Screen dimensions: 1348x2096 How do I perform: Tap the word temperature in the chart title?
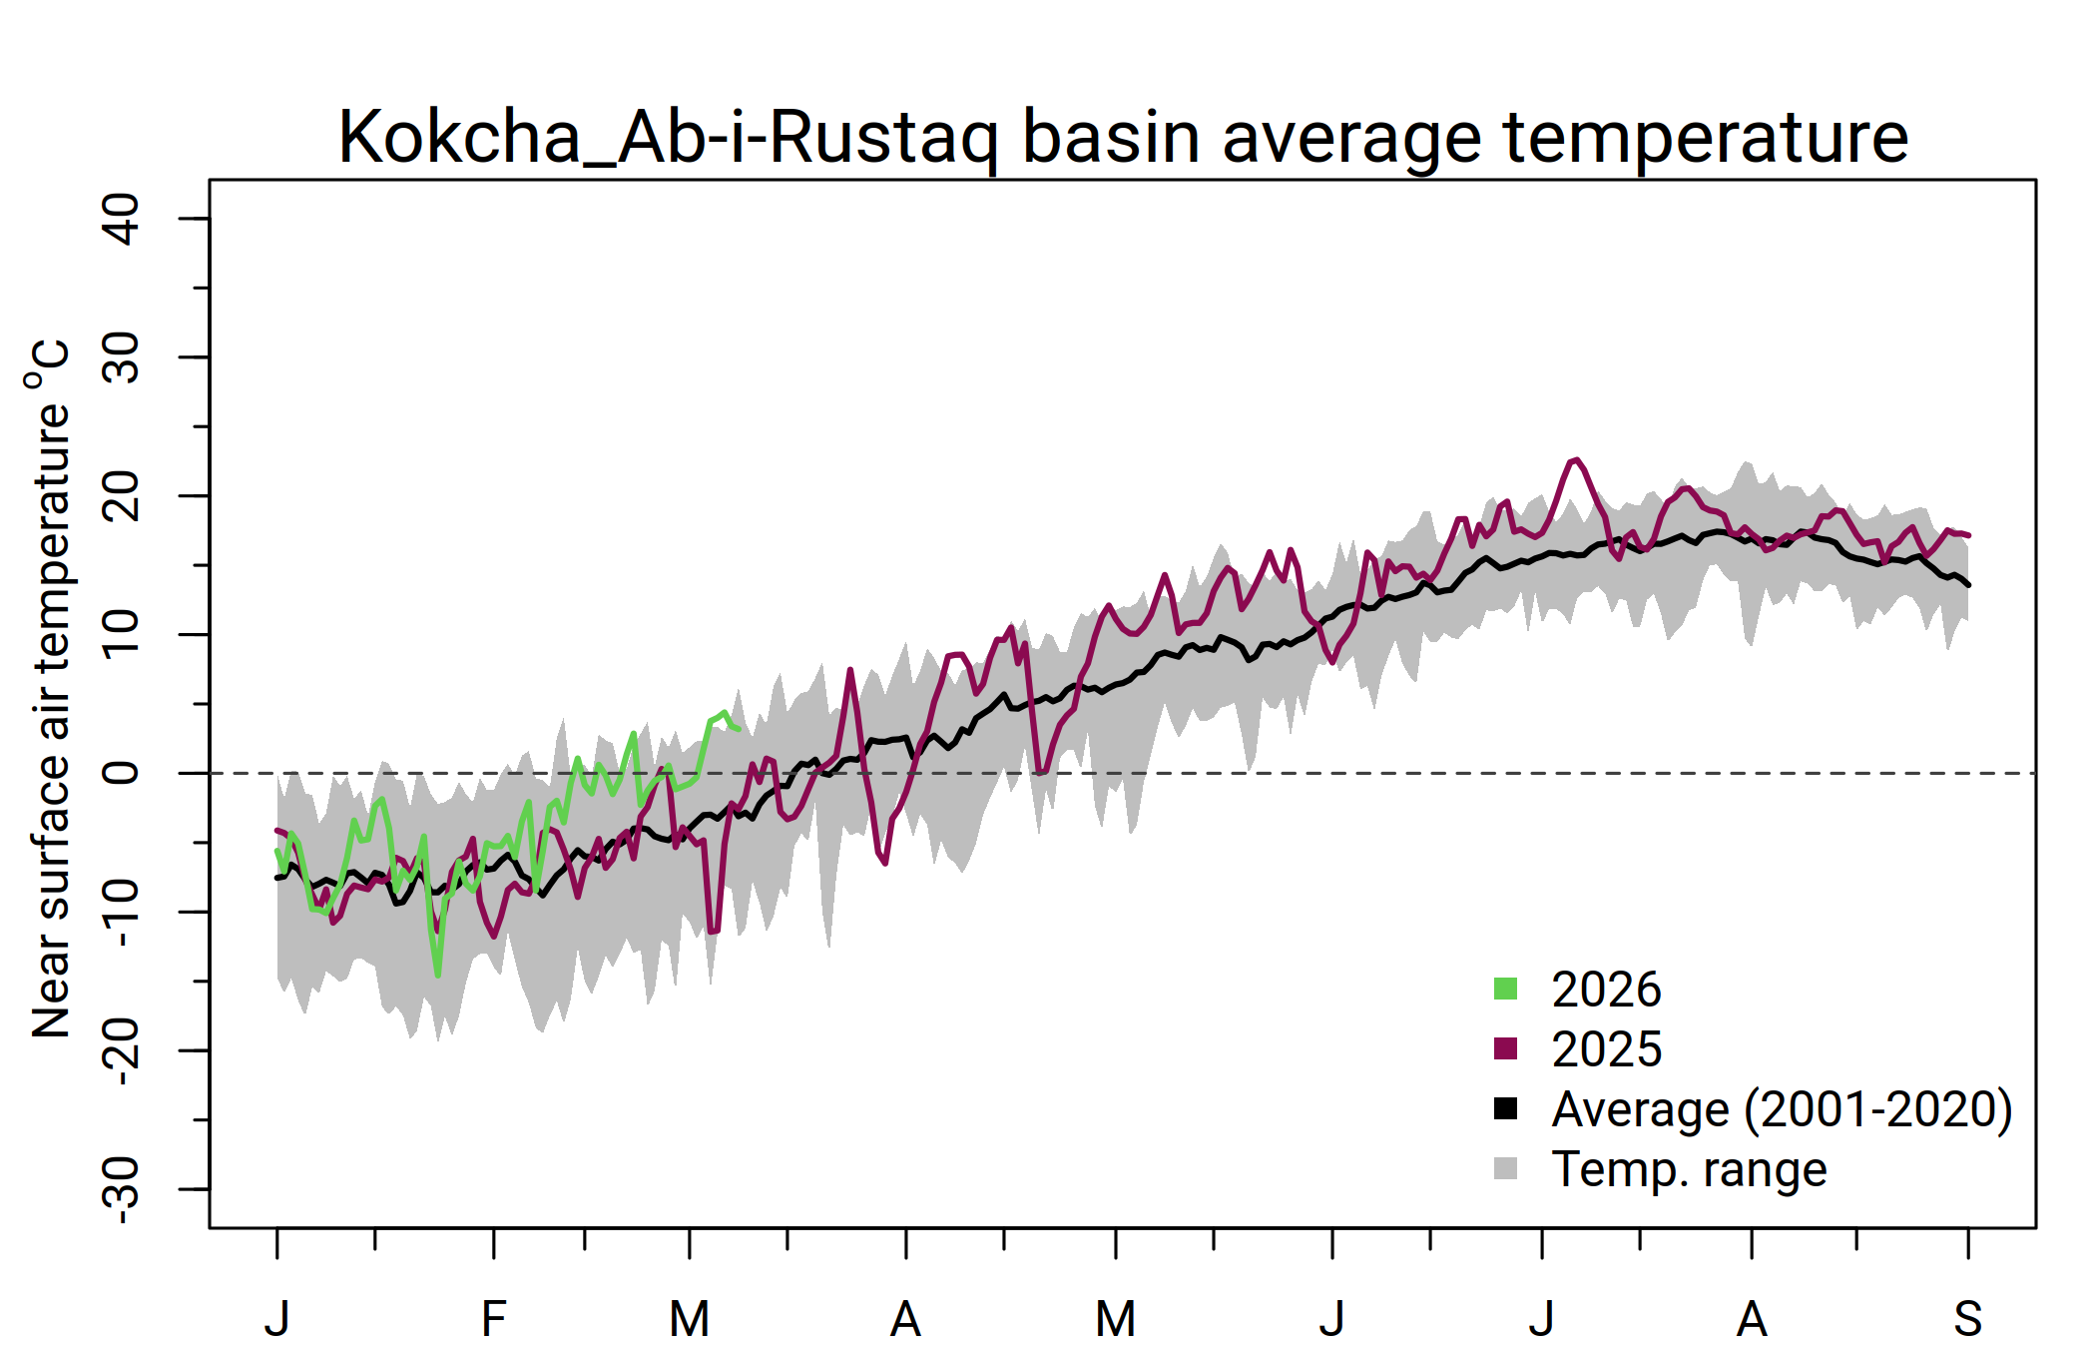[1706, 137]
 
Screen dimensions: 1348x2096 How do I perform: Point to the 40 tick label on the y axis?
[122, 219]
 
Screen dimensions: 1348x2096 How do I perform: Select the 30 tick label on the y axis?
[122, 357]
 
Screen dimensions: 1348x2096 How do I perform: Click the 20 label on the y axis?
[122, 495]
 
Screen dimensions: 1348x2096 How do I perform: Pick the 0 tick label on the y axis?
[122, 773]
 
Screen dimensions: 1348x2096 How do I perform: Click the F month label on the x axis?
[493, 1319]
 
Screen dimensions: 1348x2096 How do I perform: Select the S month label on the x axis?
[1967, 1319]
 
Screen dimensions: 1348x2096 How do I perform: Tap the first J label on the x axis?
[277, 1319]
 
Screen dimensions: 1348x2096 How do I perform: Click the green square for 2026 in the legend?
[1505, 990]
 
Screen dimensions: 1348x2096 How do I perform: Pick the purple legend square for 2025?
[1505, 1048]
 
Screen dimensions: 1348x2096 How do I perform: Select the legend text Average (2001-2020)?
[1782, 1109]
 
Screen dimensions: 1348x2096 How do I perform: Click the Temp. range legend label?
[1689, 1169]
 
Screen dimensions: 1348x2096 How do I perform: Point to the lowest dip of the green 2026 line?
[437, 975]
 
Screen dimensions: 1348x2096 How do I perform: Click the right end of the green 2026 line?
[738, 728]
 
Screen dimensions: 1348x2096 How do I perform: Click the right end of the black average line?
[1967, 585]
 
